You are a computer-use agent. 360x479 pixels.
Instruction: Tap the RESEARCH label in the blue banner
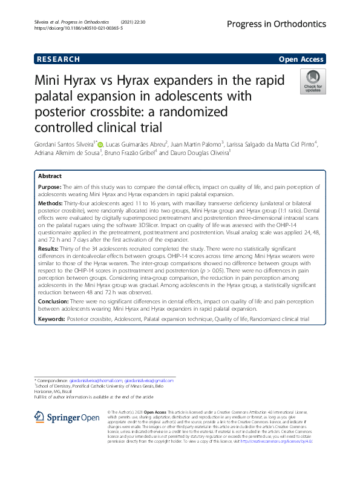pos(58,59)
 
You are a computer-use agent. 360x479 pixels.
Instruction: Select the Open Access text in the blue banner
pos(301,59)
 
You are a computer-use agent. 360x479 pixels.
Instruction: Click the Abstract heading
pos(50,176)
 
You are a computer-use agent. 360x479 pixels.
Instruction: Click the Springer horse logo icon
pos(39,417)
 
